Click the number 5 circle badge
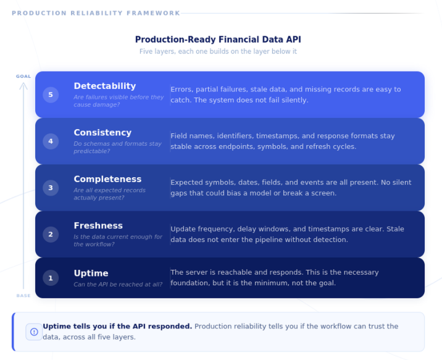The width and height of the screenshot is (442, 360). (51, 94)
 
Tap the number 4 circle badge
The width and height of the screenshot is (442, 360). (51, 141)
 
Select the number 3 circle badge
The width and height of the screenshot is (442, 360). (51, 188)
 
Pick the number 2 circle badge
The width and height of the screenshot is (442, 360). (51, 234)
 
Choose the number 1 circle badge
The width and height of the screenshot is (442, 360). (51, 278)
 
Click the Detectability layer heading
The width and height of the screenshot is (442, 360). (105, 86)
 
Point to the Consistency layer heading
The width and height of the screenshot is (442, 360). (102, 133)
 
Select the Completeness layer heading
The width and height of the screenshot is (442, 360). (107, 179)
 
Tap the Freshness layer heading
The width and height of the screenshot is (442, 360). (98, 225)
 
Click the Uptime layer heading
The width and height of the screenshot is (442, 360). (91, 273)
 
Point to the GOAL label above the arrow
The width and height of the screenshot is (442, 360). (23, 77)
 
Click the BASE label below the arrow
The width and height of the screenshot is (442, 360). (23, 296)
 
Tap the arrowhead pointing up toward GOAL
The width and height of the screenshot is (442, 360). (23, 85)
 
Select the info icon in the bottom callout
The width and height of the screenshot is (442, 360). (34, 332)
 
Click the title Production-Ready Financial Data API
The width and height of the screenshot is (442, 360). (218, 40)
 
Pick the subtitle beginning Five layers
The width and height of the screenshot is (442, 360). (218, 52)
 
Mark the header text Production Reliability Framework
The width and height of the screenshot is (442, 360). (96, 13)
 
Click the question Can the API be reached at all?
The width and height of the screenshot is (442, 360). (118, 285)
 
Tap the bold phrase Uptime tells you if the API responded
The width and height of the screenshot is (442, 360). (117, 327)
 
